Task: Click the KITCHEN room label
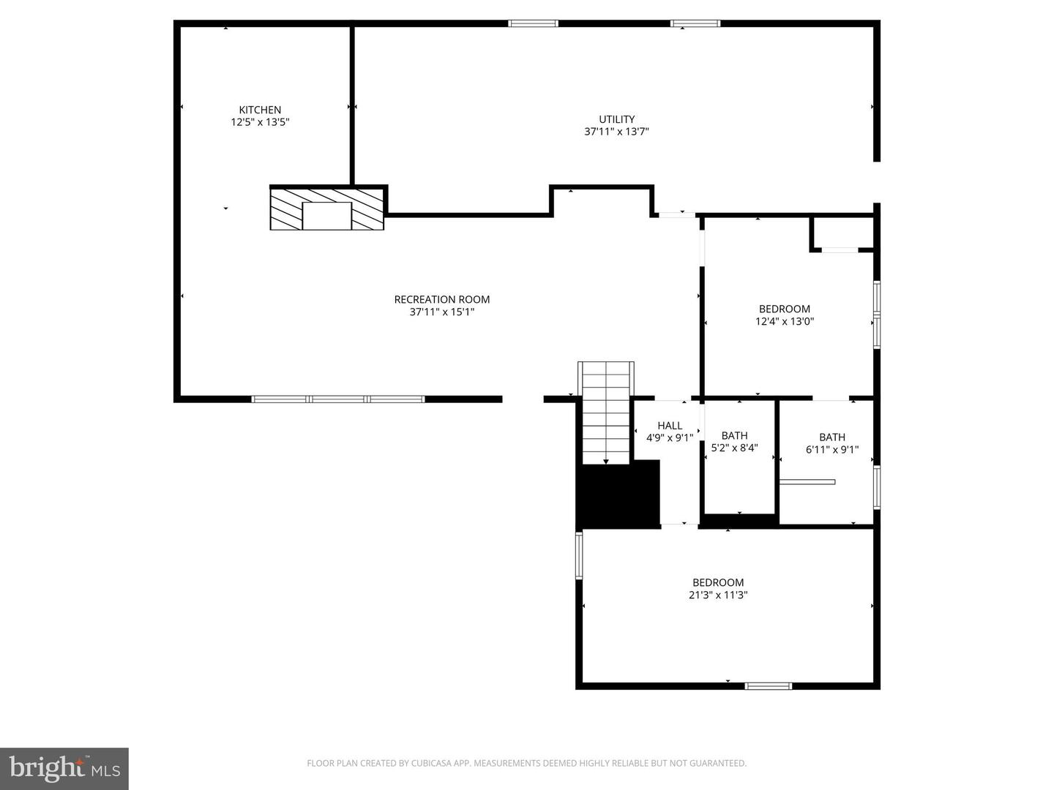click(x=260, y=110)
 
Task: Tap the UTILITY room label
click(x=616, y=119)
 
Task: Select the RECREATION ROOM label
click(x=441, y=299)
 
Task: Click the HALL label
click(x=669, y=426)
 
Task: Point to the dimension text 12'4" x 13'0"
click(x=785, y=321)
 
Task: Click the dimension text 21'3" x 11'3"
click(x=717, y=595)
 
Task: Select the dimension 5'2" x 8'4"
click(x=734, y=448)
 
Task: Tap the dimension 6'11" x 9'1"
click(x=831, y=450)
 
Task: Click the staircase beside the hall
click(x=605, y=413)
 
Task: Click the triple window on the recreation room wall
click(x=337, y=399)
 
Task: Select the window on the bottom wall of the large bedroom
click(x=768, y=686)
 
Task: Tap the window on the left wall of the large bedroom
click(x=579, y=556)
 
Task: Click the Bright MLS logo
click(x=64, y=769)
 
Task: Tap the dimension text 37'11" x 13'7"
click(x=616, y=132)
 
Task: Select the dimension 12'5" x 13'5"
click(x=260, y=122)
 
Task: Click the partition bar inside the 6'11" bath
click(x=807, y=481)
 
